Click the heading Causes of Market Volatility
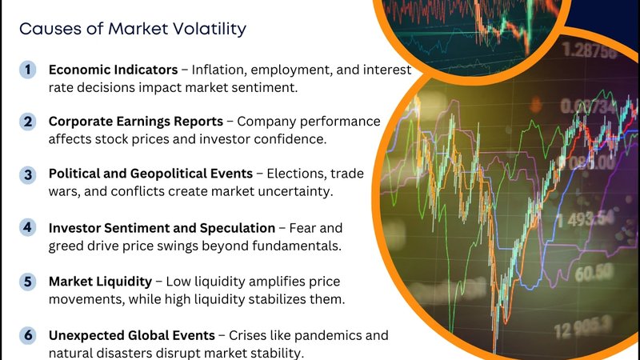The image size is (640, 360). pyautogui.click(x=133, y=29)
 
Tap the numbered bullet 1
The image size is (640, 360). pyautogui.click(x=28, y=70)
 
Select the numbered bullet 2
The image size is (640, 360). pyautogui.click(x=28, y=122)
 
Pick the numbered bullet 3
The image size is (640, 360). pyautogui.click(x=28, y=174)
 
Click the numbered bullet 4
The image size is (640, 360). pyautogui.click(x=28, y=227)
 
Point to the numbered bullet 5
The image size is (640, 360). pyautogui.click(x=28, y=282)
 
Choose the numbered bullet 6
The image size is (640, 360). pyautogui.click(x=28, y=335)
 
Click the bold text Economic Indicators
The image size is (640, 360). pyautogui.click(x=113, y=70)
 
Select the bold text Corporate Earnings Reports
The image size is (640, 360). pyautogui.click(x=136, y=122)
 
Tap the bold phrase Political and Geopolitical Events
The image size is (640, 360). pyautogui.click(x=150, y=174)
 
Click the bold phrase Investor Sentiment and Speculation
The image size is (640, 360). pyautogui.click(x=162, y=228)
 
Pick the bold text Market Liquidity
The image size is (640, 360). pyautogui.click(x=101, y=282)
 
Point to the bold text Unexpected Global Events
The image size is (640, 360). pyautogui.click(x=132, y=335)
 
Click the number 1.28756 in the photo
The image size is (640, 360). pyautogui.click(x=589, y=51)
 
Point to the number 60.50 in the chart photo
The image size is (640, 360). pyautogui.click(x=594, y=273)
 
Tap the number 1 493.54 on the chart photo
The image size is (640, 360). pyautogui.click(x=586, y=219)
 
